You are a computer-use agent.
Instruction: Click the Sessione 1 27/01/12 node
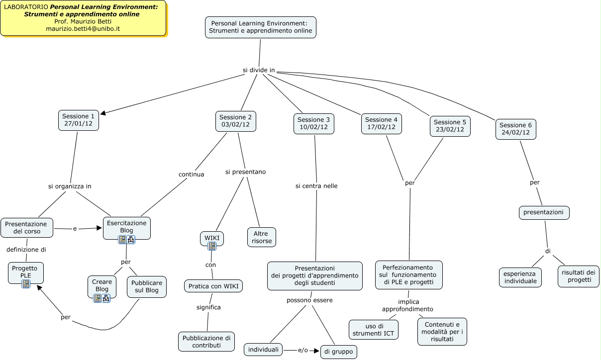click(79, 120)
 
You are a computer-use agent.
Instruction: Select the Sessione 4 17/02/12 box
click(381, 123)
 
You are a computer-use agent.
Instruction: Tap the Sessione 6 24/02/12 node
click(515, 129)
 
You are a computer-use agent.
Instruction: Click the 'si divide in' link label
click(259, 70)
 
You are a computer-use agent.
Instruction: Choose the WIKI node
click(212, 238)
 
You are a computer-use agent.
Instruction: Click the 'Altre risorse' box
click(261, 237)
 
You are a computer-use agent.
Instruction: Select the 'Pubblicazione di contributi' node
click(206, 342)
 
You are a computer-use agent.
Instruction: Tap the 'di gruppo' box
click(338, 352)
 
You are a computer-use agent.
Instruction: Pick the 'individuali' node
click(264, 350)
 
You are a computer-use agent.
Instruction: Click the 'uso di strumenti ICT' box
click(373, 329)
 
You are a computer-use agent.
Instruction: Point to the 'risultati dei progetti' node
click(578, 276)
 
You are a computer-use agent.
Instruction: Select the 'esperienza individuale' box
click(520, 277)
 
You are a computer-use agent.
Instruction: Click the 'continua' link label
click(192, 174)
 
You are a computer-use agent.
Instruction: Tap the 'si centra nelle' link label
click(316, 186)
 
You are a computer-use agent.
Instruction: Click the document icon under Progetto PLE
click(26, 284)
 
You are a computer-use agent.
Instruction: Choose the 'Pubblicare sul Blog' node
click(146, 286)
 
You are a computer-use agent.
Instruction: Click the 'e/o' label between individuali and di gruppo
click(303, 351)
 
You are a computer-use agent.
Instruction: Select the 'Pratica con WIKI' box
click(213, 286)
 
